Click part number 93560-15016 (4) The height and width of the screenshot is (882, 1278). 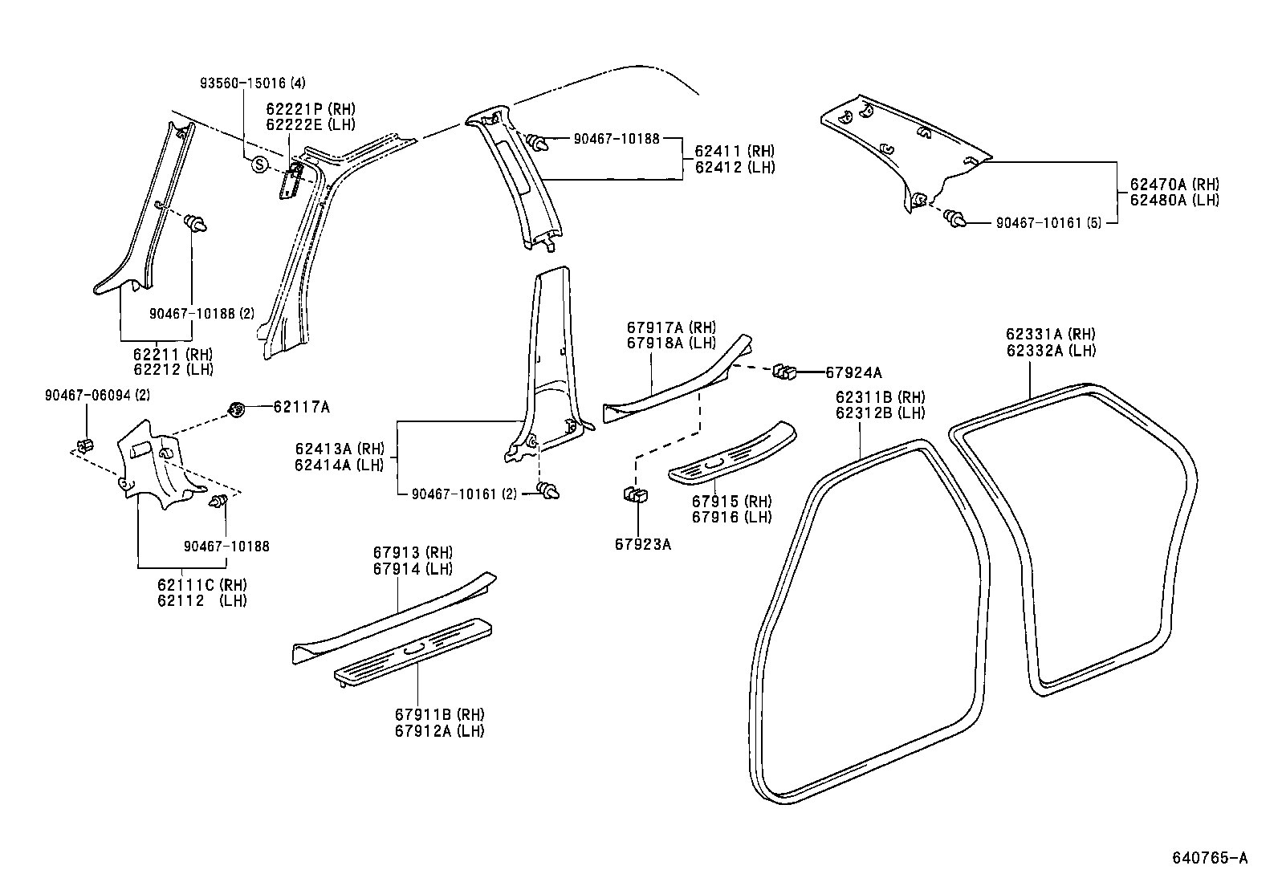pos(251,83)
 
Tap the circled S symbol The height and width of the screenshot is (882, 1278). pos(259,165)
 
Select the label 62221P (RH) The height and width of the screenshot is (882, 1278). pos(311,109)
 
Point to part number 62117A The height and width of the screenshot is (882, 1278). pos(301,407)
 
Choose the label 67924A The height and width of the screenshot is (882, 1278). pos(853,372)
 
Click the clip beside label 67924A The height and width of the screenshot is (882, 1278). pos(784,372)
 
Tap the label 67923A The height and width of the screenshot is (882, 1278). pos(643,544)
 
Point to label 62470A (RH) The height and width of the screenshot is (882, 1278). pos(1174,185)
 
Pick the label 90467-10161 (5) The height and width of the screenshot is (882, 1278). pos(1049,222)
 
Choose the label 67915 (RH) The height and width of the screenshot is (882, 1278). pos(731,502)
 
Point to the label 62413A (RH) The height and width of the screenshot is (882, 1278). pos(340,449)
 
